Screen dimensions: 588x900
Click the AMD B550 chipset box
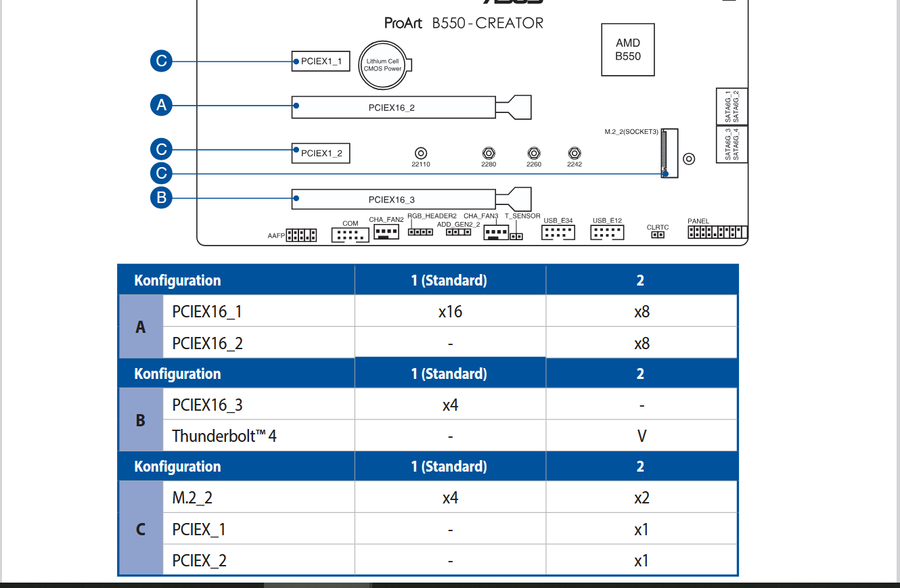628,49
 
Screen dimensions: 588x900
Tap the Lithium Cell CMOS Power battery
384,65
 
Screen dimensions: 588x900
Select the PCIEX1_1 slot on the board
321,62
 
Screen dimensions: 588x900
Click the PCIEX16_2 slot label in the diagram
392,108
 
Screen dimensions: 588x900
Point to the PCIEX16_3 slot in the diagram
392,200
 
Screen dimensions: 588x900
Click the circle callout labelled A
161,105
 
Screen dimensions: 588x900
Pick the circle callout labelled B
161,198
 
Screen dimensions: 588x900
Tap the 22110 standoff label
420,164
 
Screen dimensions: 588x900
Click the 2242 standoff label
574,164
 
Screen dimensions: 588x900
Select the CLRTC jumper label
658,227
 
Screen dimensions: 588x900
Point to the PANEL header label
698,221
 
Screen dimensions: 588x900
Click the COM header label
350,223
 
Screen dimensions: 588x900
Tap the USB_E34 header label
558,221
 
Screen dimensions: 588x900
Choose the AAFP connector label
276,236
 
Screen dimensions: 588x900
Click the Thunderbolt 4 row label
224,435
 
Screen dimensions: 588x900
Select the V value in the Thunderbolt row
642,436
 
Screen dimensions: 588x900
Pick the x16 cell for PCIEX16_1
450,312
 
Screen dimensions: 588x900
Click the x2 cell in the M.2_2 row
642,498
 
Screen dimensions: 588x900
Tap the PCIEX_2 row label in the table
199,560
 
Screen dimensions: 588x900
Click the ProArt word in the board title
403,23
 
